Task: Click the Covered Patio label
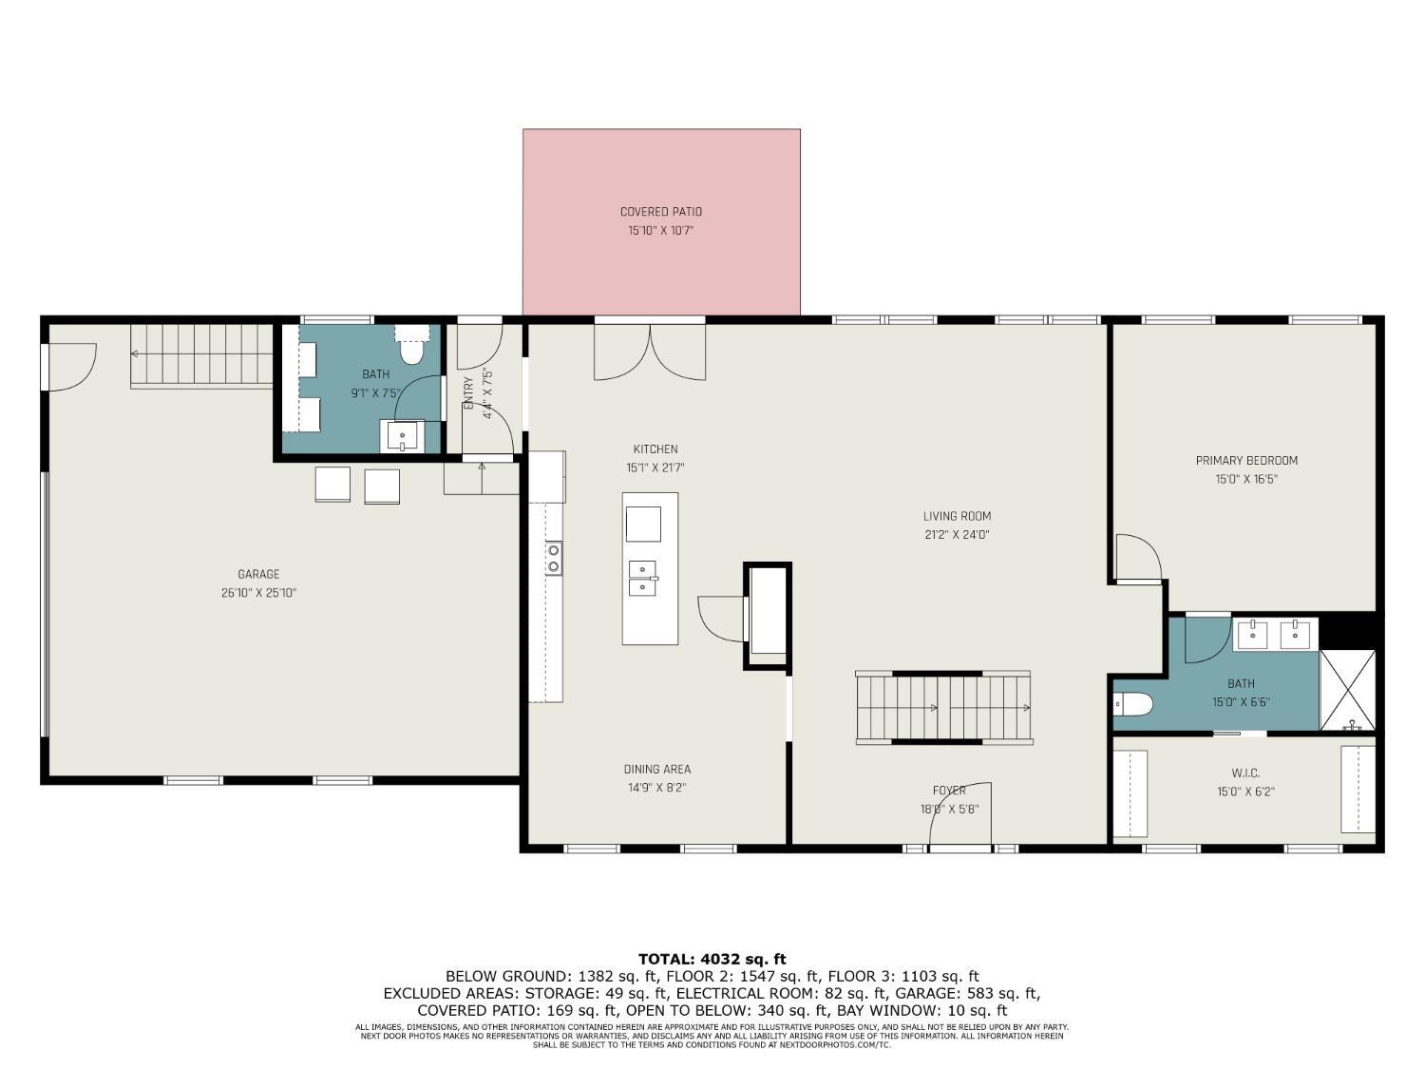pos(660,212)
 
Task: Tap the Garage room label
pos(258,574)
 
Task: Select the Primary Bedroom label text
pos(1245,461)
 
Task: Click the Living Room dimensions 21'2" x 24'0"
pos(957,535)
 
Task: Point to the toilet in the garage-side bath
pos(411,351)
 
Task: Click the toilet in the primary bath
pos(1133,704)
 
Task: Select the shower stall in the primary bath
pos(1347,690)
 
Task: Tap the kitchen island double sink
pos(643,578)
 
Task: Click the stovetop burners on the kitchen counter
pos(553,558)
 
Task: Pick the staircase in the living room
pos(943,708)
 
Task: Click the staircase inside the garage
pos(201,355)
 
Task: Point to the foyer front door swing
pos(959,814)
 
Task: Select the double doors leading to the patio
pos(650,352)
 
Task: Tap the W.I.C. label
pos(1244,773)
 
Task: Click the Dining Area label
pos(656,770)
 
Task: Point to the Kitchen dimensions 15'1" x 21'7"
pos(655,468)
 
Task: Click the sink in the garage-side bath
pos(403,436)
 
